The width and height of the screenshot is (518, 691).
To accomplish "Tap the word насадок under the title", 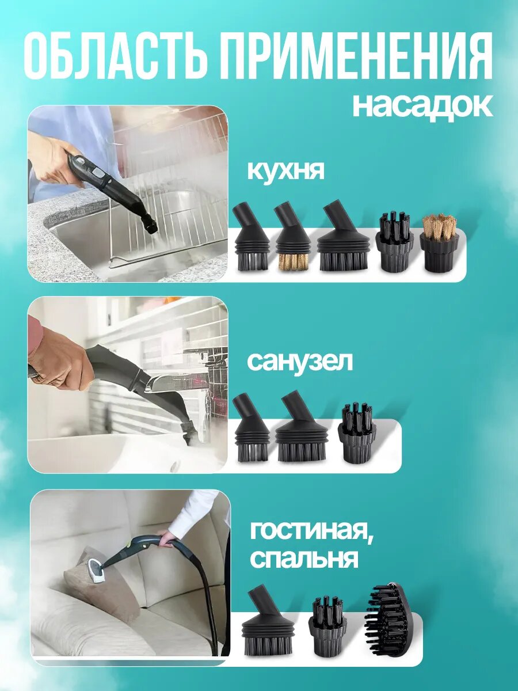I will (x=422, y=105).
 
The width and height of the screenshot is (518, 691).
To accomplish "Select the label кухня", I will (x=286, y=171).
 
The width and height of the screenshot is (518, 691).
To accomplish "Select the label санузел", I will (x=299, y=362).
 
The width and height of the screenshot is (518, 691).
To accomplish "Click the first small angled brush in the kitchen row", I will (x=251, y=239).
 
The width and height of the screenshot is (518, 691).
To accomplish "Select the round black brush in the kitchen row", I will (x=394, y=242).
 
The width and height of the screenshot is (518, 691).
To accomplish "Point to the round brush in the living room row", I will (x=329, y=626).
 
